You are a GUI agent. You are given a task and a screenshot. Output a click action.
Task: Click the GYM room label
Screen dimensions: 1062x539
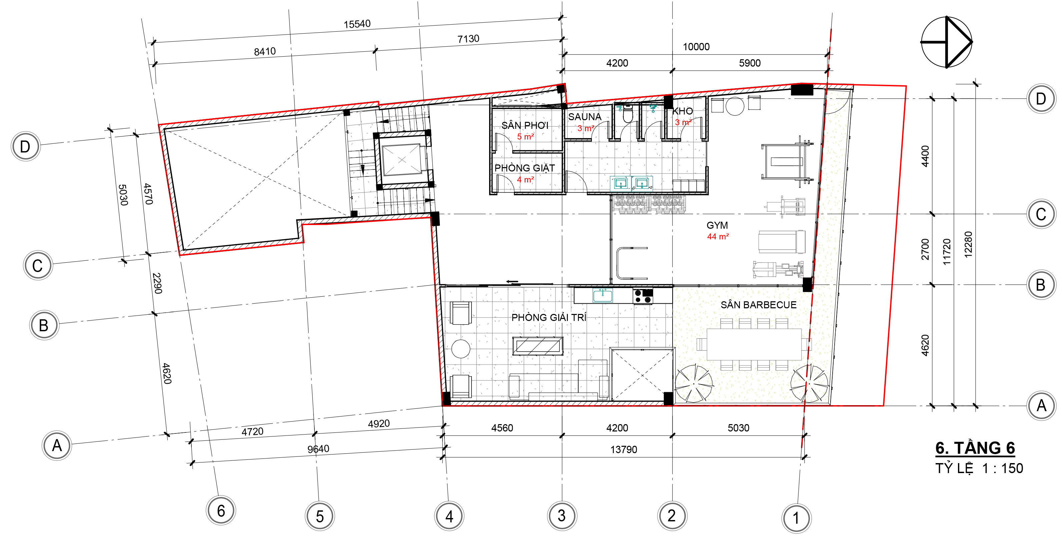coord(717,225)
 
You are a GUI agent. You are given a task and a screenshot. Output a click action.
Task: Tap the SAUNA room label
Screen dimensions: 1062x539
coord(585,117)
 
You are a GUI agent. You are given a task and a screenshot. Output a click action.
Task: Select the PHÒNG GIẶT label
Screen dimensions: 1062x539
coord(524,168)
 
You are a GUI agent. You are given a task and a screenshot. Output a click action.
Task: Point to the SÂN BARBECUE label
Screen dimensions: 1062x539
coord(758,305)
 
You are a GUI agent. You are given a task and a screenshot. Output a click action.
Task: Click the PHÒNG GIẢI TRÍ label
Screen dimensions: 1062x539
coord(549,317)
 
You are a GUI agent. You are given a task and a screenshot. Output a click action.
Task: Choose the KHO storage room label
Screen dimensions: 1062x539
coord(683,111)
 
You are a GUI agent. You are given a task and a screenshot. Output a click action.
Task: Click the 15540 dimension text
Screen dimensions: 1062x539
coord(357,24)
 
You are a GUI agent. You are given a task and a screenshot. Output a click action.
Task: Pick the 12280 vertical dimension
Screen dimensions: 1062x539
coord(968,245)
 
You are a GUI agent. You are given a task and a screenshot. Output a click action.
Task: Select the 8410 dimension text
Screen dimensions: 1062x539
coord(265,52)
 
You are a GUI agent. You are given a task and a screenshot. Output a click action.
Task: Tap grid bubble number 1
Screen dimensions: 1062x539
coord(796,518)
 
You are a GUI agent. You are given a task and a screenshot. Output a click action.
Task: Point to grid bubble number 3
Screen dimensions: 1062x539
coord(562,516)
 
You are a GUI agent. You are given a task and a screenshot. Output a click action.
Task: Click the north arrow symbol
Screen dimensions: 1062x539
coord(947,42)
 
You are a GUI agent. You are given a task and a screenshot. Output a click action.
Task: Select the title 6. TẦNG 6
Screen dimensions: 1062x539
coord(975,448)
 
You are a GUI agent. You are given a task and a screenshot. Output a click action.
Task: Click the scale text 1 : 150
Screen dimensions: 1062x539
coord(1003,468)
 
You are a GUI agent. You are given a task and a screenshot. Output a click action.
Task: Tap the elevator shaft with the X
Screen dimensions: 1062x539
coord(402,159)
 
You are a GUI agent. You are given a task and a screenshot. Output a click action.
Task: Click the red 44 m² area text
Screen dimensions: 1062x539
coord(718,236)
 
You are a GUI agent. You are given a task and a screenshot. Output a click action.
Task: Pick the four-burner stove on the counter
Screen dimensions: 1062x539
coord(643,296)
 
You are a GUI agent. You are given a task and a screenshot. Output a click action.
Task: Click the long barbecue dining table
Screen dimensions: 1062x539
coord(754,344)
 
